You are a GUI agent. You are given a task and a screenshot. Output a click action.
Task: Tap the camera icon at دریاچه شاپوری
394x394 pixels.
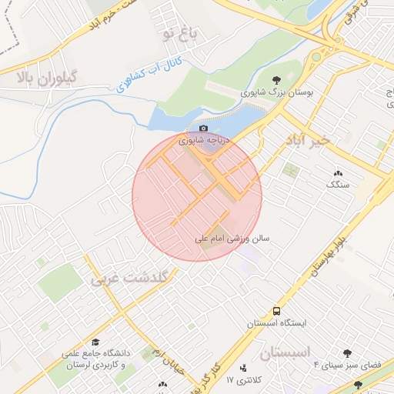coord(203,129)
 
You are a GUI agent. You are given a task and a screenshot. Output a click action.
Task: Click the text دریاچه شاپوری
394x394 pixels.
coord(203,141)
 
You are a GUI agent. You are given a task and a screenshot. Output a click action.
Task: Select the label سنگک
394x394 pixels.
coord(338,185)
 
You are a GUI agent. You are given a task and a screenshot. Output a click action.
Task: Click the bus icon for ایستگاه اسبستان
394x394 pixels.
coord(276,311)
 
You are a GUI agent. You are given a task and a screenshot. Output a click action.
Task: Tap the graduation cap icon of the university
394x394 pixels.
coord(95,342)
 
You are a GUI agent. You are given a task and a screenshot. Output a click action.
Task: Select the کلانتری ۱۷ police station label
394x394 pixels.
coord(245,380)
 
